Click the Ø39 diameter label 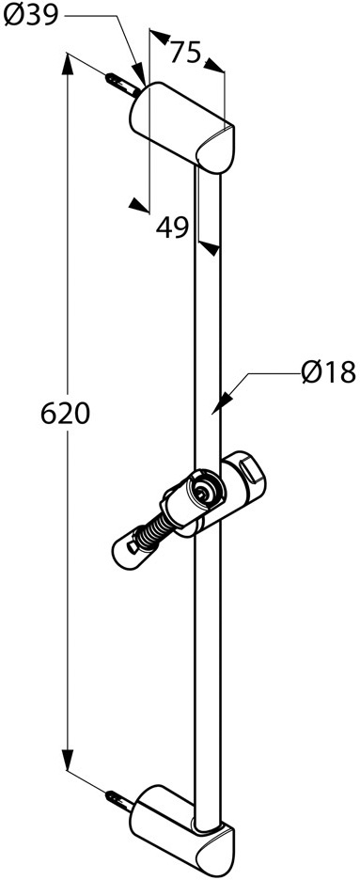[31, 15]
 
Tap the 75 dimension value [185, 53]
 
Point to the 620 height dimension [66, 415]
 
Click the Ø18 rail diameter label [329, 372]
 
